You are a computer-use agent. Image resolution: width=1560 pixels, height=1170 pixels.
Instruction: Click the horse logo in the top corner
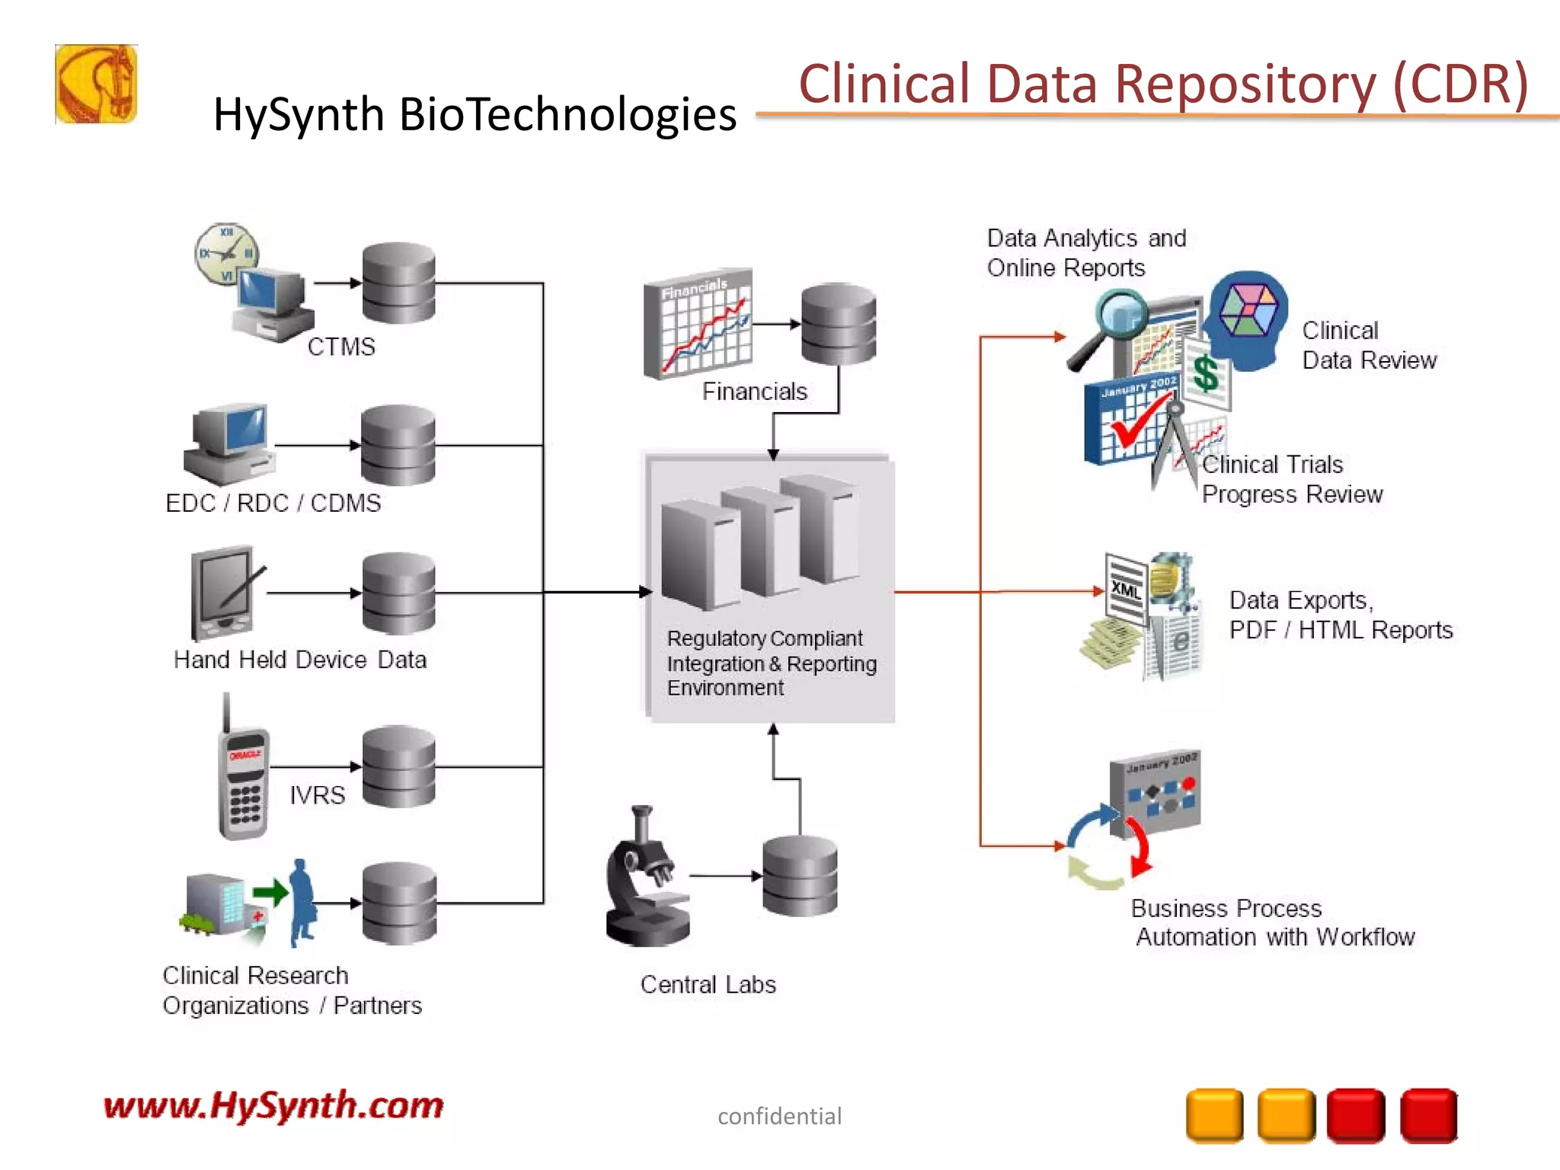96,84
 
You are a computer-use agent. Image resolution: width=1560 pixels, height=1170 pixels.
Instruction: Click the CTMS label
341,347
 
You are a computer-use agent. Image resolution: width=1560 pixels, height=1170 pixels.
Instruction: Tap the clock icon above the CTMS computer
226,254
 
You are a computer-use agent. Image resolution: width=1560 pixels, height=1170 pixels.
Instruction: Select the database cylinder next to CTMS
398,283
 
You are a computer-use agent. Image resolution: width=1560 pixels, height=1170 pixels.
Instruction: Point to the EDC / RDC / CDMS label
273,503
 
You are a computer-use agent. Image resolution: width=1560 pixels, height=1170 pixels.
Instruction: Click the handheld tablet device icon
223,593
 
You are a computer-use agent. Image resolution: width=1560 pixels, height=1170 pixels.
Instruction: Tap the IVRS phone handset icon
243,781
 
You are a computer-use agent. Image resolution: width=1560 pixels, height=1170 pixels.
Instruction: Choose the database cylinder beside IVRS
398,766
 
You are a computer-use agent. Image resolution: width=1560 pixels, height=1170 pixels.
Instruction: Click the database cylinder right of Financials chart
838,324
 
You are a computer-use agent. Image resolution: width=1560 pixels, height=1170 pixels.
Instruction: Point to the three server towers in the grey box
762,541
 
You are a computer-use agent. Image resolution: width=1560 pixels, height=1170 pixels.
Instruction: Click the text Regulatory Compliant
764,638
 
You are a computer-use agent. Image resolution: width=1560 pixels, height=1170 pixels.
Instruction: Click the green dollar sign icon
1206,374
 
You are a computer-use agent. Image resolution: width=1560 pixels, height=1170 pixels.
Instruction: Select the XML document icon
1127,590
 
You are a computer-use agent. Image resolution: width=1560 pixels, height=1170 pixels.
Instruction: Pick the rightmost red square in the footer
1428,1116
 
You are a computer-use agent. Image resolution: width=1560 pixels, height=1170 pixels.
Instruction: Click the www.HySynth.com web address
273,1105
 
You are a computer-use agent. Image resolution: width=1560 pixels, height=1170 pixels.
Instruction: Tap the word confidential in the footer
779,1117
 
